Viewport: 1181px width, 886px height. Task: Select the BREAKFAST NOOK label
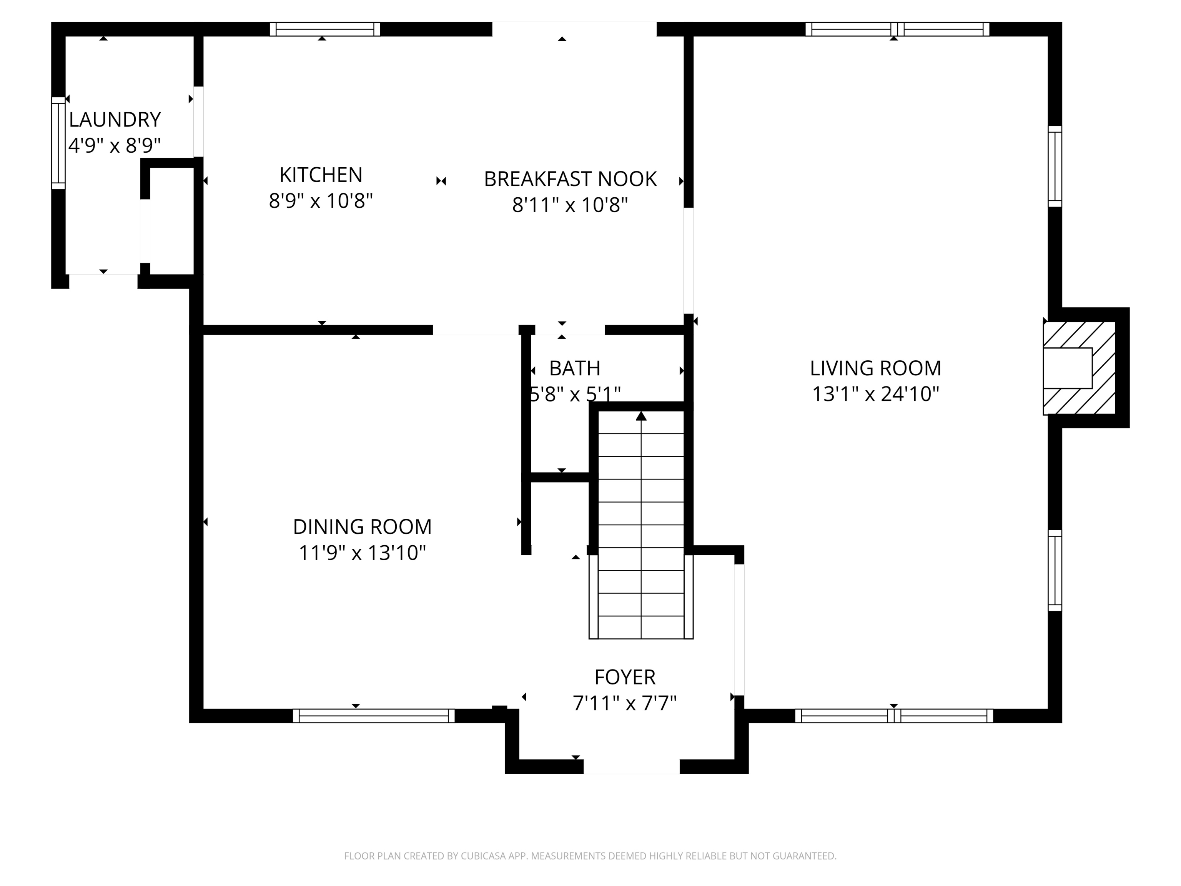570,179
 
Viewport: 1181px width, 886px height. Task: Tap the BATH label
574,368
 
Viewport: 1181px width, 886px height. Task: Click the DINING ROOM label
362,526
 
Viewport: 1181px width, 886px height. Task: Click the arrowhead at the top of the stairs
641,416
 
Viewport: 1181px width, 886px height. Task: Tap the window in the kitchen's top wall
324,29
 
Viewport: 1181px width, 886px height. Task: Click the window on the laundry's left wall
58,143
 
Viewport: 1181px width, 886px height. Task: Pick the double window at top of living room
897,29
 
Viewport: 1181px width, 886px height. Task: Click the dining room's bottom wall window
373,716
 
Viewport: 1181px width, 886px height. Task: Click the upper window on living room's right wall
1055,166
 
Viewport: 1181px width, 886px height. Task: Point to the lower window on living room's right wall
1055,570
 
